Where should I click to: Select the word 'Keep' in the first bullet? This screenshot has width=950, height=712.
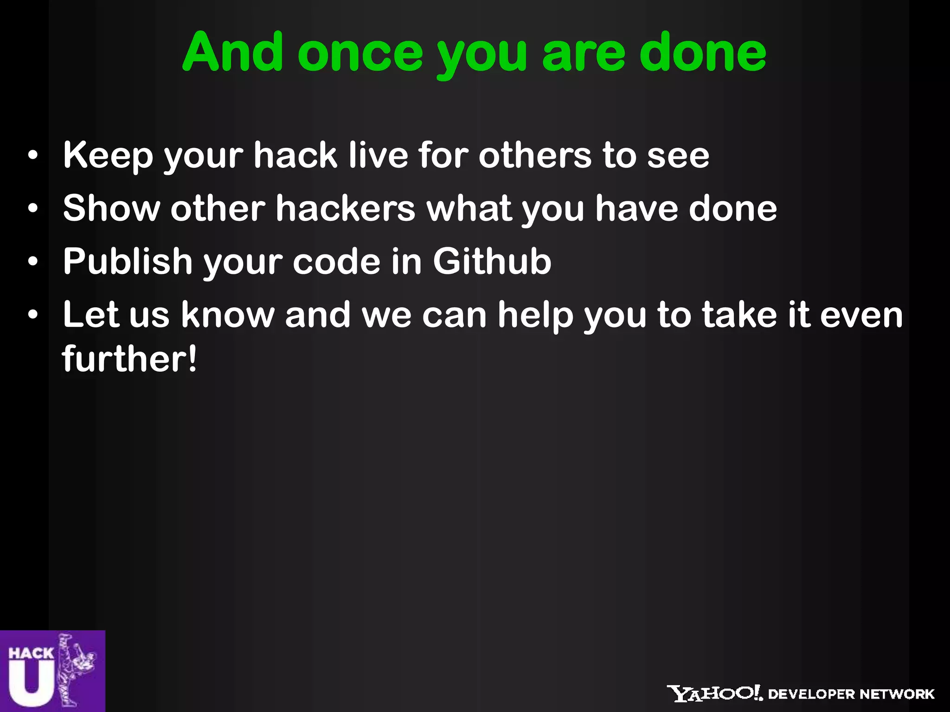tap(108, 156)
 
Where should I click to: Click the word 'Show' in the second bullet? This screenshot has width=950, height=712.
tap(111, 208)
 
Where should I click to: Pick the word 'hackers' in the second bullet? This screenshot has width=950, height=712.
tap(346, 208)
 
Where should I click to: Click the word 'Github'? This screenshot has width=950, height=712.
tap(492, 261)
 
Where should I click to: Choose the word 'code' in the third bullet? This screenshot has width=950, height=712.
tap(336, 261)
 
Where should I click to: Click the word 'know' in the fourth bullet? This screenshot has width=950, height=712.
tap(228, 315)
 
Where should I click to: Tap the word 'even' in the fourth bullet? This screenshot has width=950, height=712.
tap(861, 315)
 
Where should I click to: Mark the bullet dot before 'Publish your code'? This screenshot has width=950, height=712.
tap(32, 262)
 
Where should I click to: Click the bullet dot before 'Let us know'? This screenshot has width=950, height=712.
tap(32, 315)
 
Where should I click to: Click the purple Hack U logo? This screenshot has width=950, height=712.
tap(52, 671)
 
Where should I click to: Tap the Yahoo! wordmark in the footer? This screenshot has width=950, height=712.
tap(714, 693)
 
